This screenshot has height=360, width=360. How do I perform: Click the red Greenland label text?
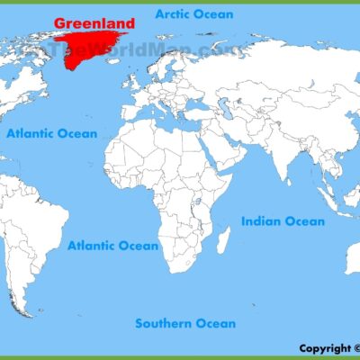pyautogui.click(x=94, y=22)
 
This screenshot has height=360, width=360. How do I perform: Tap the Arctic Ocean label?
pyautogui.click(x=193, y=14)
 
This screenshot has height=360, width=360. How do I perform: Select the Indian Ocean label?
pyautogui.click(x=282, y=220)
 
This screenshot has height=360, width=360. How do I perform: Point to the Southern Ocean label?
pyautogui.click(x=185, y=323)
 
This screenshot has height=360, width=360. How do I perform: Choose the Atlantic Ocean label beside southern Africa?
pyautogui.click(x=113, y=245)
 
